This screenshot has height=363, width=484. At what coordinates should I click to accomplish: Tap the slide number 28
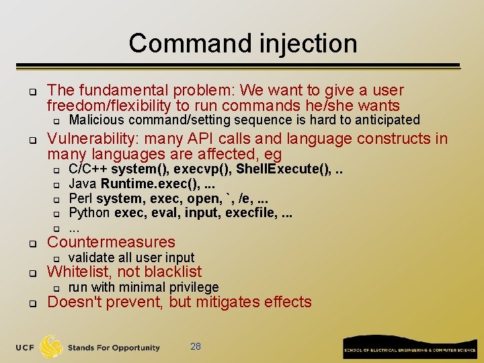pos(196,346)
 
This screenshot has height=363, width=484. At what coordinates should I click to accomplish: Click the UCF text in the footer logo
pos(26,348)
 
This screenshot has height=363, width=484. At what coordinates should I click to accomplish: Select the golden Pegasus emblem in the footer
pos(52,346)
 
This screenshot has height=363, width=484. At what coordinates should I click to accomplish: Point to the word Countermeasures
pos(111,242)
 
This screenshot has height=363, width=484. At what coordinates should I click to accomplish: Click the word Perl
pos(81,198)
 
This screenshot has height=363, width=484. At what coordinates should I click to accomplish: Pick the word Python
pos(89,213)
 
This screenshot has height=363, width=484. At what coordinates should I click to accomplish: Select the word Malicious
pos(97,120)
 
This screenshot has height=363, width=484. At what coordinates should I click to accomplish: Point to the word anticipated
pos(382,120)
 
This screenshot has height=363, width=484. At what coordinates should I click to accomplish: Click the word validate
pos(91,257)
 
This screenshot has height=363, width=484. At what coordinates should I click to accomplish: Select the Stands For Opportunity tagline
pos(114,348)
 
